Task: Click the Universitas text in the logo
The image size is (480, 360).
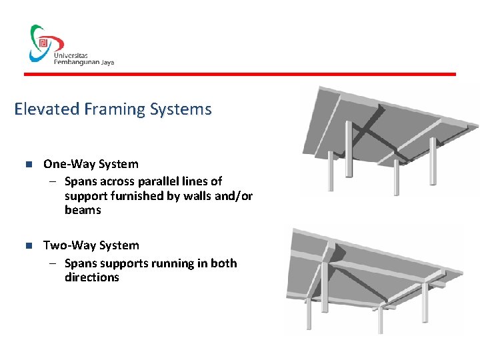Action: pyautogui.click(x=71, y=53)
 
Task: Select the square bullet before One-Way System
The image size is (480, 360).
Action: pyautogui.click(x=27, y=165)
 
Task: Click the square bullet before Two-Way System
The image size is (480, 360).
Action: pyautogui.click(x=27, y=246)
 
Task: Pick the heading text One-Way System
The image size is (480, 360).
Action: pyautogui.click(x=91, y=164)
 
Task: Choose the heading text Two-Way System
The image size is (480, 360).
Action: pyautogui.click(x=91, y=245)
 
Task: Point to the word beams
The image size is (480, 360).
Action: pyautogui.click(x=83, y=211)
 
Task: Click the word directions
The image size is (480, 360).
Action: pyautogui.click(x=91, y=277)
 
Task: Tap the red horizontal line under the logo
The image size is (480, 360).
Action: pyautogui.click(x=240, y=74)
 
